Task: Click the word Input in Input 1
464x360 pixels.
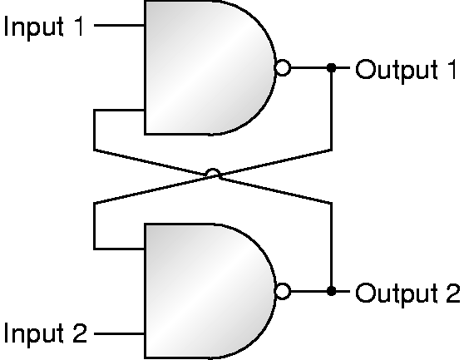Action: [x=34, y=27]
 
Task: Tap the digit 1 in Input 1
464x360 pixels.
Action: [x=79, y=26]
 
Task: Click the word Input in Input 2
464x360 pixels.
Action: [x=34, y=333]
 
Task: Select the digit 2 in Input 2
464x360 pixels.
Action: [x=79, y=333]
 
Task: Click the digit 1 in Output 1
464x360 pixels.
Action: [x=452, y=69]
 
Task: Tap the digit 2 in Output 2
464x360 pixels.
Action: [x=452, y=293]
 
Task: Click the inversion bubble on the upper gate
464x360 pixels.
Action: [x=283, y=67]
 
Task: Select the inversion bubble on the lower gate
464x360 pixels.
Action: [x=283, y=291]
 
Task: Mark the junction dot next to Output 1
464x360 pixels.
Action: [x=332, y=67]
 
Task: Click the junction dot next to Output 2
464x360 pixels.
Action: [x=332, y=291]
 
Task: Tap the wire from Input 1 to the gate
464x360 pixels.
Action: [x=119, y=25]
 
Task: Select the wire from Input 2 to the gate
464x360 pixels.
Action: [x=119, y=333]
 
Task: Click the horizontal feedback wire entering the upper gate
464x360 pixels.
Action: [x=119, y=110]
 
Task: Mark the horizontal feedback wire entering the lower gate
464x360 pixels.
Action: [x=119, y=249]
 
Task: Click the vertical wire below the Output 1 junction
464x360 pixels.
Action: [x=332, y=110]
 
